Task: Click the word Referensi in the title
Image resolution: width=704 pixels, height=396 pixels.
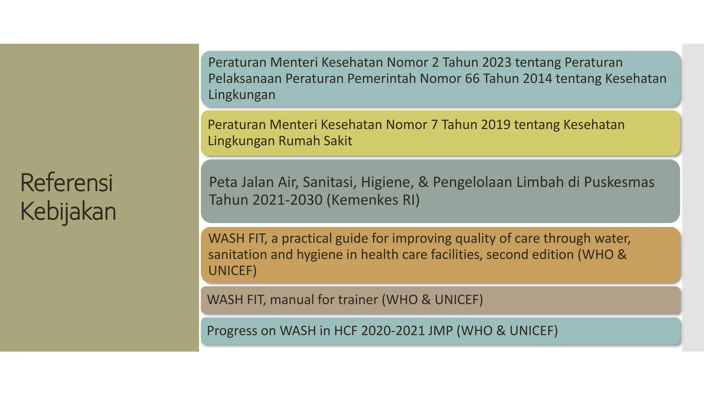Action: click(x=67, y=183)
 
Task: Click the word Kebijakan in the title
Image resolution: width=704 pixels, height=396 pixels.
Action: click(x=68, y=211)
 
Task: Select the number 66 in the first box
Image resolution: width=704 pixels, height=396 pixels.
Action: click(x=472, y=79)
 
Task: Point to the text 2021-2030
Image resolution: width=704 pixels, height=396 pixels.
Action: click(x=287, y=200)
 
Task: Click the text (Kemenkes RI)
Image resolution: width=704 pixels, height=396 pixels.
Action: click(x=373, y=200)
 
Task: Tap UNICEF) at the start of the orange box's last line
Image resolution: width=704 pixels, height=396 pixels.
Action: click(x=232, y=271)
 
